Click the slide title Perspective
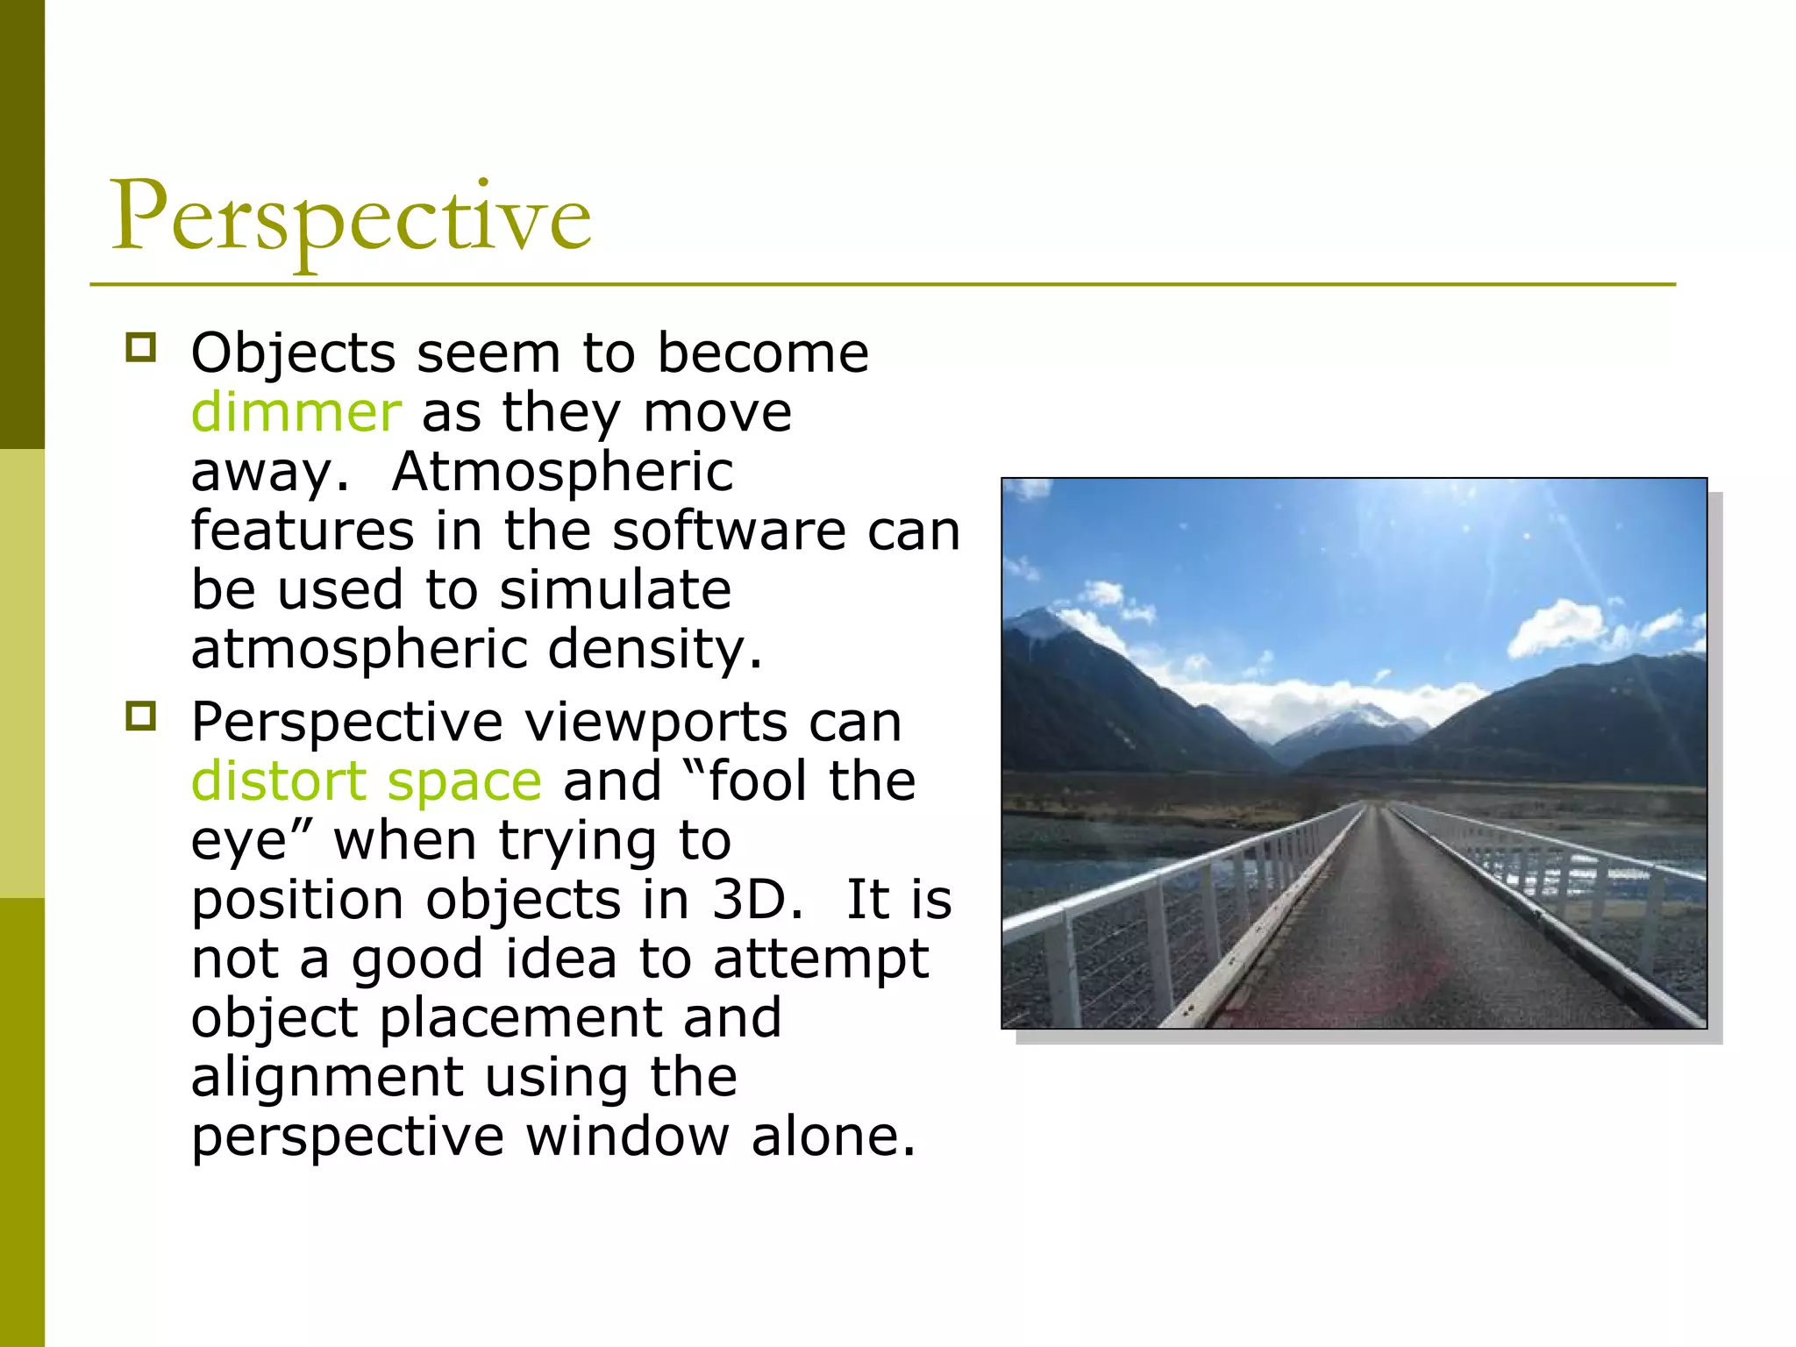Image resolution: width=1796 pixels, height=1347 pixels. tap(351, 217)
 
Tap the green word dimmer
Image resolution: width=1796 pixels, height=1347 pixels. tap(296, 412)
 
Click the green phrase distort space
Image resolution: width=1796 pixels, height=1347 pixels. tap(367, 781)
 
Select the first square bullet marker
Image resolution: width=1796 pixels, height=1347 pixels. tap(140, 348)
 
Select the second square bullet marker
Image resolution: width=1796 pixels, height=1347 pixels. tap(140, 716)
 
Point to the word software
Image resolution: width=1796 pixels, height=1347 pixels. tap(730, 531)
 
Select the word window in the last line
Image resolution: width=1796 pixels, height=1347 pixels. tap(626, 1137)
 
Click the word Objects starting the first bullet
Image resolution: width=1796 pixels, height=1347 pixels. tap(293, 353)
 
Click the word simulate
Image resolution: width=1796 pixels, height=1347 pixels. tap(614, 589)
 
